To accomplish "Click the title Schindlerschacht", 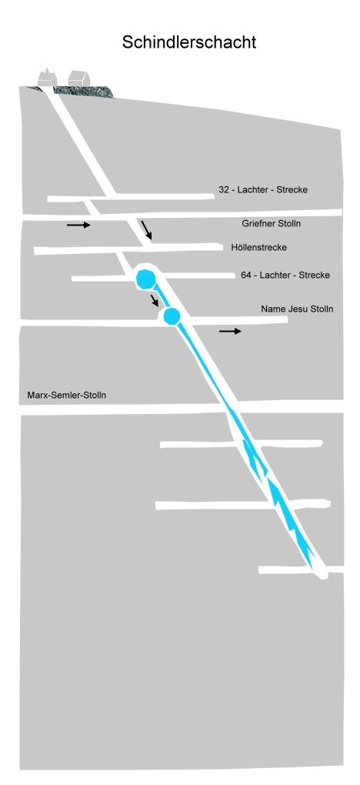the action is tap(188, 42).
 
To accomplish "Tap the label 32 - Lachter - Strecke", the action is tap(263, 190).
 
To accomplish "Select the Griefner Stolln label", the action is tap(272, 223).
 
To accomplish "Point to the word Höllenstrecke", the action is tap(259, 247).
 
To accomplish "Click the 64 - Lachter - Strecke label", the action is tap(285, 275).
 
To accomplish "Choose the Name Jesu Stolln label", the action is tap(297, 309).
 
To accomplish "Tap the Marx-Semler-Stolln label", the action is tap(67, 395).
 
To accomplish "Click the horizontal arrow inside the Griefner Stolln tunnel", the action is tap(78, 225).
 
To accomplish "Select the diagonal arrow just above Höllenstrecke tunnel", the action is tap(146, 230).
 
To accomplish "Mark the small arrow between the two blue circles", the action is tap(155, 300).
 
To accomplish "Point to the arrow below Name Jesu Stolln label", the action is tap(230, 332).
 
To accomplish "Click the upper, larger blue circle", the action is tap(146, 279).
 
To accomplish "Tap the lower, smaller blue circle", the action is tap(172, 316).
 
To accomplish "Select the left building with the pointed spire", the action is tap(48, 77).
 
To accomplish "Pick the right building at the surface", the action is tap(78, 78).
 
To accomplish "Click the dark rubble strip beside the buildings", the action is tap(82, 92).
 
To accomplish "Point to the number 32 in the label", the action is tap(224, 190).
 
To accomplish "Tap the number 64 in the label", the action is tap(245, 275).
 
